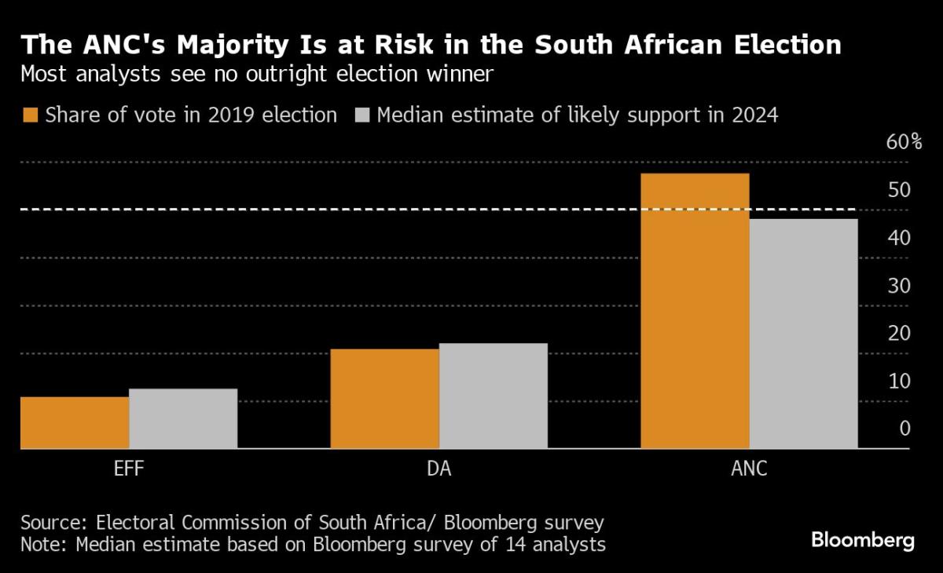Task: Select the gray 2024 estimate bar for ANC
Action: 803,334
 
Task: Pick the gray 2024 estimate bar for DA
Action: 493,396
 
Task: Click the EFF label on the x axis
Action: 128,470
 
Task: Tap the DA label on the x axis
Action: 438,470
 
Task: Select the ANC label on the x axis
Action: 748,470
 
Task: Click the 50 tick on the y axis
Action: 900,190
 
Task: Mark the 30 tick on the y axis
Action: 900,286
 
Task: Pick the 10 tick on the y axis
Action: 900,381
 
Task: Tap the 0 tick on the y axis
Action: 904,429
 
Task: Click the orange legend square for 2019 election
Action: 30,115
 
